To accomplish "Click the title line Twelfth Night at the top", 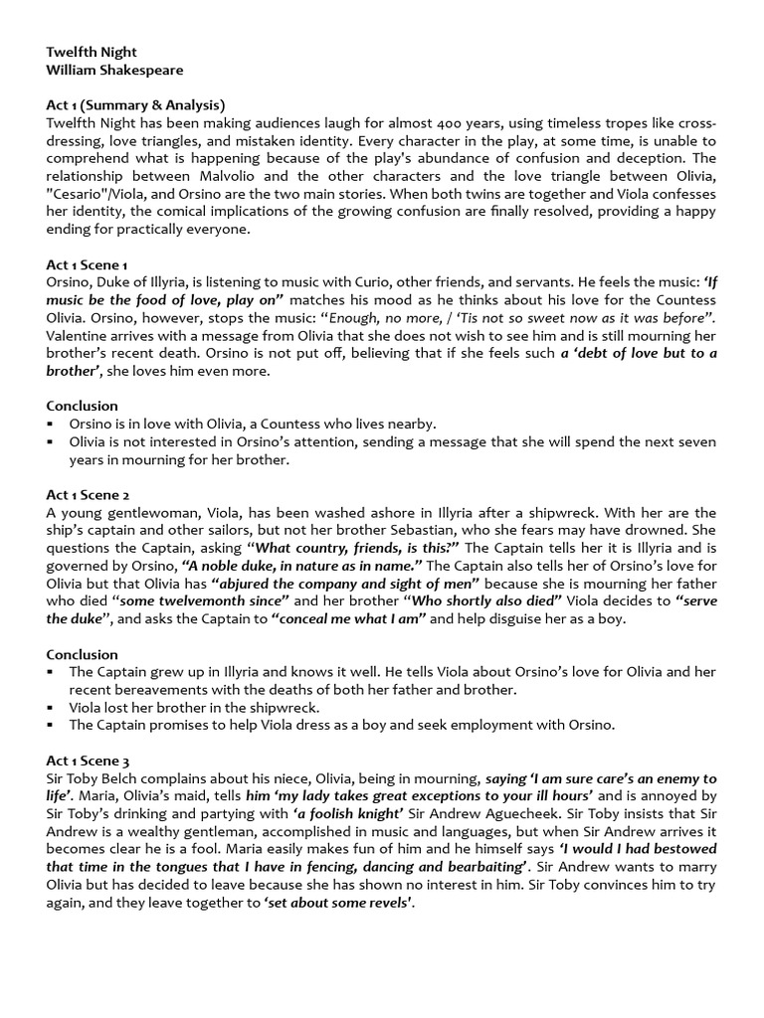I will [x=94, y=52].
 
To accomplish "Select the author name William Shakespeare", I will [x=114, y=70].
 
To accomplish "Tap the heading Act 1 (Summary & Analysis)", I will [x=135, y=105].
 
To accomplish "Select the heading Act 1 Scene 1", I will [x=88, y=264].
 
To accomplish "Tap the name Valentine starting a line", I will [x=78, y=336].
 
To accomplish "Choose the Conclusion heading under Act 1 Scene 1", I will [x=83, y=406].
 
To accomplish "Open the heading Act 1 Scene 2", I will [x=89, y=494].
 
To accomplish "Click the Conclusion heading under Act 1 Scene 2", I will [x=83, y=654].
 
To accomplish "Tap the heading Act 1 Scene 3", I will [x=89, y=761].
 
